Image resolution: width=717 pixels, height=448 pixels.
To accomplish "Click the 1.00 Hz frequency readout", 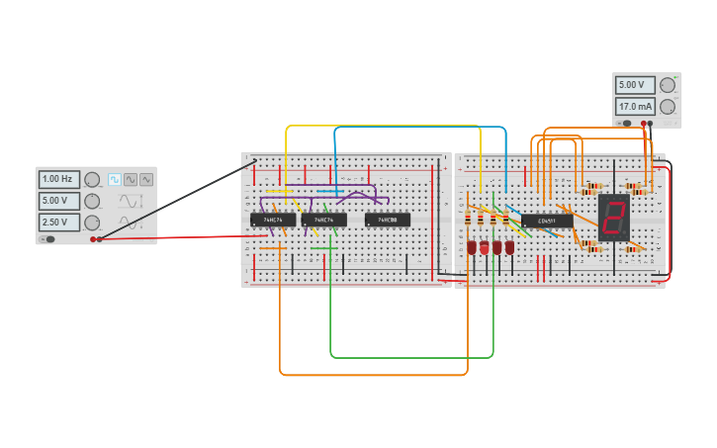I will coord(59,180).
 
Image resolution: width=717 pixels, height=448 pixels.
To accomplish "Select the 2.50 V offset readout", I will coord(59,223).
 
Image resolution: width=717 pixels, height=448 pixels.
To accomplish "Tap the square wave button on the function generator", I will coord(115,180).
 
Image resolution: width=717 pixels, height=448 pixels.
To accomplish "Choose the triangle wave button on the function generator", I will coord(146,180).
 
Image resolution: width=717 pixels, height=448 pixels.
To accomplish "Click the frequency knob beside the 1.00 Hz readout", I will coord(92,180).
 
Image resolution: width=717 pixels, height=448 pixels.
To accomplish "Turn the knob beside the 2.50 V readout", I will coord(92,223).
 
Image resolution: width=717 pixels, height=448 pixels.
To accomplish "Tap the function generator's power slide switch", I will coord(47,238).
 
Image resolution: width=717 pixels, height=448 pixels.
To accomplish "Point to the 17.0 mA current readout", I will coord(635,106).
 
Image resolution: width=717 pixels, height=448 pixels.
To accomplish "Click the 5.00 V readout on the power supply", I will coord(635,85).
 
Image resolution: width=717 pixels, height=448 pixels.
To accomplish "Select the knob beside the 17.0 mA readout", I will coord(668,106).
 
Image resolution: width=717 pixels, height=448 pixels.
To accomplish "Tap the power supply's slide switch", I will coord(626,123).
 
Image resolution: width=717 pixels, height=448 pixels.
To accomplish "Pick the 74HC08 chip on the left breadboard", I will coord(388,220).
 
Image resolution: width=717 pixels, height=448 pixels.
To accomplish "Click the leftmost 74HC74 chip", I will coord(273,220).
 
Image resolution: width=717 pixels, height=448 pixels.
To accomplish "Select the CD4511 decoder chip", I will coord(547,221).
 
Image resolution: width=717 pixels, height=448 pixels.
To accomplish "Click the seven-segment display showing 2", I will coord(614,218).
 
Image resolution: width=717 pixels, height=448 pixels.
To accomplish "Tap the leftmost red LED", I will coord(472,246).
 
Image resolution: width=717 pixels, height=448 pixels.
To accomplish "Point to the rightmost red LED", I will coord(509,246).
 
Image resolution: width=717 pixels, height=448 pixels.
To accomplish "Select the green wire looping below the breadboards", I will coord(410,356).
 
